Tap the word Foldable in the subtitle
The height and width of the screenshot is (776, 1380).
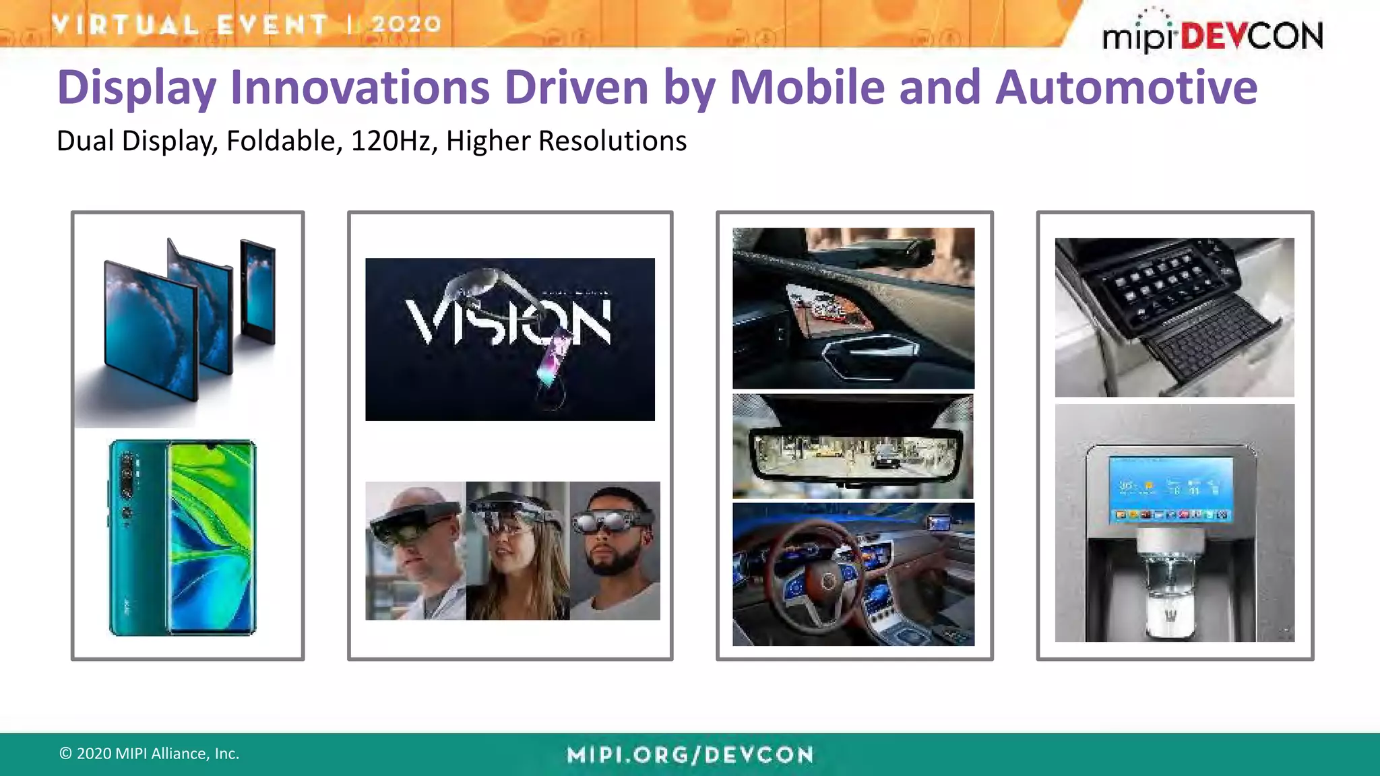[280, 141]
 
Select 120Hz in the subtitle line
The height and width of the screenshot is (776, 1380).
[394, 141]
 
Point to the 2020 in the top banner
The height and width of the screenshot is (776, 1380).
[406, 24]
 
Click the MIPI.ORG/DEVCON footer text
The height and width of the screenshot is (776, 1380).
[690, 755]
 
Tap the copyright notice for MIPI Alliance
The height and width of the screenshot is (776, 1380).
[149, 754]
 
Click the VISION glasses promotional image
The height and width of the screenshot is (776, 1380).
[509, 339]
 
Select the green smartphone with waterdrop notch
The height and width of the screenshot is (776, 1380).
[183, 538]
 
